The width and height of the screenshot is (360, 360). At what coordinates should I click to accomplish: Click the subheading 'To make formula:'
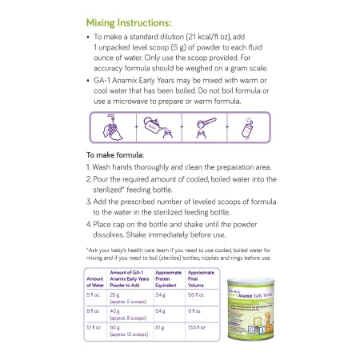[114, 154]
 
